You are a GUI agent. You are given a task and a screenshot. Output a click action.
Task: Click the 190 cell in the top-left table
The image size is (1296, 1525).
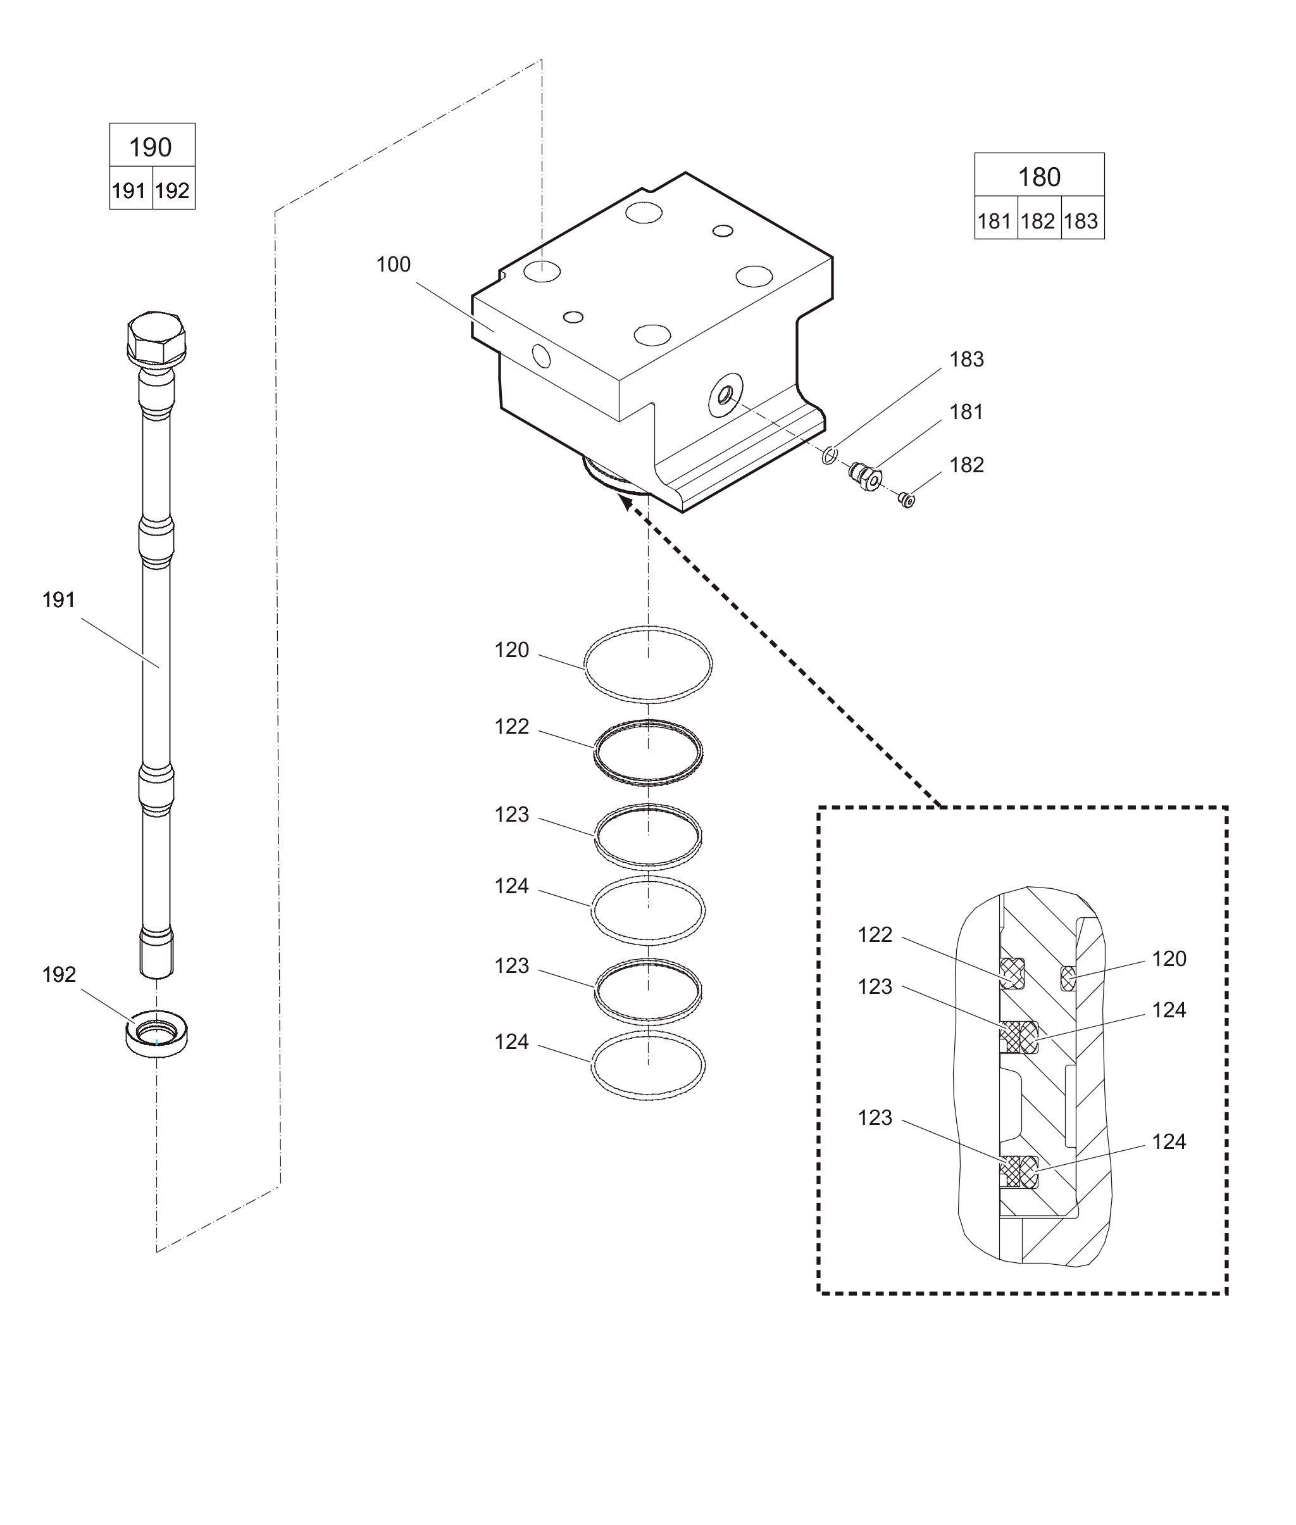152,145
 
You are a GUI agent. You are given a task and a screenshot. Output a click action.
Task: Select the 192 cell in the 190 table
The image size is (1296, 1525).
173,188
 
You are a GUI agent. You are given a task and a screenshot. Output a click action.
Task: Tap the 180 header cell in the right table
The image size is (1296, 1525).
1039,175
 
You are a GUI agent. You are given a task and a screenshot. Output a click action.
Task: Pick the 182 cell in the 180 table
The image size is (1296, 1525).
1039,218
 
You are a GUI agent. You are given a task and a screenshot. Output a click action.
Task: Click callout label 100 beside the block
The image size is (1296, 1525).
393,265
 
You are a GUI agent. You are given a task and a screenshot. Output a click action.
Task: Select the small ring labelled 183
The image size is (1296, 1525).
830,456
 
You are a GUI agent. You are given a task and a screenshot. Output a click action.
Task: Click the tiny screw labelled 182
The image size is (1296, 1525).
907,501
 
